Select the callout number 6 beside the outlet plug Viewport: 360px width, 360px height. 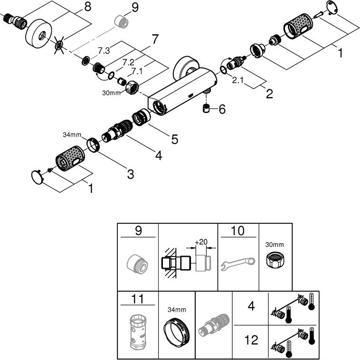coord(222,110)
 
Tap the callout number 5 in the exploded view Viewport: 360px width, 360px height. coord(174,140)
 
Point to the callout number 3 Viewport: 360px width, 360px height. coord(130,174)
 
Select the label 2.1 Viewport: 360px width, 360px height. coord(238,81)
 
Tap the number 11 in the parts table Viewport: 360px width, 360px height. coord(137,299)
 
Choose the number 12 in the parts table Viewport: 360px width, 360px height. coord(251,340)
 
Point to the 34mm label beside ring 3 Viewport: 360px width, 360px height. coord(72,135)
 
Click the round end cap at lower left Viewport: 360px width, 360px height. coord(36,176)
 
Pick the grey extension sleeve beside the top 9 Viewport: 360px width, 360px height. coord(120,22)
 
